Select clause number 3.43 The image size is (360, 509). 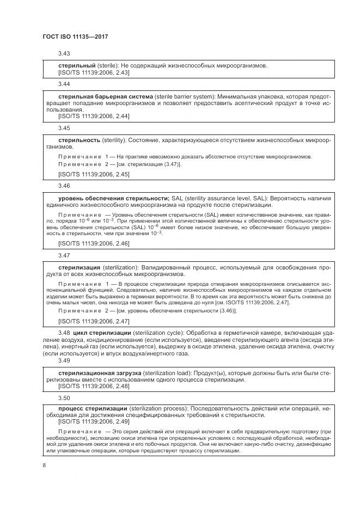(x=64, y=54)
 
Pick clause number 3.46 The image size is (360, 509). (x=64, y=186)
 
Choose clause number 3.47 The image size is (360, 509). (x=64, y=255)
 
